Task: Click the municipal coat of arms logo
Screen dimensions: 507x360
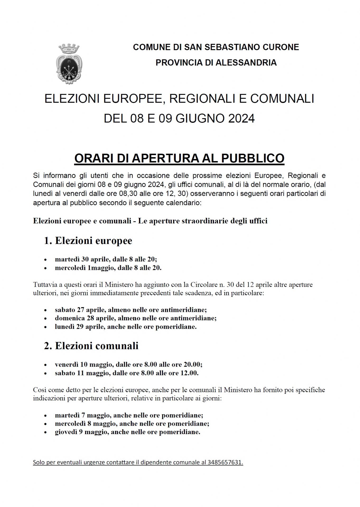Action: [69, 64]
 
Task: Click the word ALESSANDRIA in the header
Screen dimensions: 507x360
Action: [246, 63]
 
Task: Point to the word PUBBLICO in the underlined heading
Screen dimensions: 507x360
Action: [253, 158]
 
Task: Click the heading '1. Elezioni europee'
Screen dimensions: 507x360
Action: [88, 241]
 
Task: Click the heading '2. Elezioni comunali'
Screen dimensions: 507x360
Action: [91, 346]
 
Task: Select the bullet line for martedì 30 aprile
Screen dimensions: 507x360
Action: [106, 259]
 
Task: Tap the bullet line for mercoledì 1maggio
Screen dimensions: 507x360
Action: [108, 268]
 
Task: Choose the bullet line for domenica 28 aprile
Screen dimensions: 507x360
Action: [135, 318]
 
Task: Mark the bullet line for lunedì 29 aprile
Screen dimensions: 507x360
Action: [126, 327]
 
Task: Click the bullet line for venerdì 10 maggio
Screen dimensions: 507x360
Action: [129, 364]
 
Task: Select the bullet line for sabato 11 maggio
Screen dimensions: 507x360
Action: [127, 373]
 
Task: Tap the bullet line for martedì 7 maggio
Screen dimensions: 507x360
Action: [129, 415]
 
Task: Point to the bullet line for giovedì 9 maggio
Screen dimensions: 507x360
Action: [128, 432]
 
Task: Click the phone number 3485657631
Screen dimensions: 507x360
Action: [225, 463]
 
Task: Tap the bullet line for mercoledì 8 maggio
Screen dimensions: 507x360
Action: [132, 424]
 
